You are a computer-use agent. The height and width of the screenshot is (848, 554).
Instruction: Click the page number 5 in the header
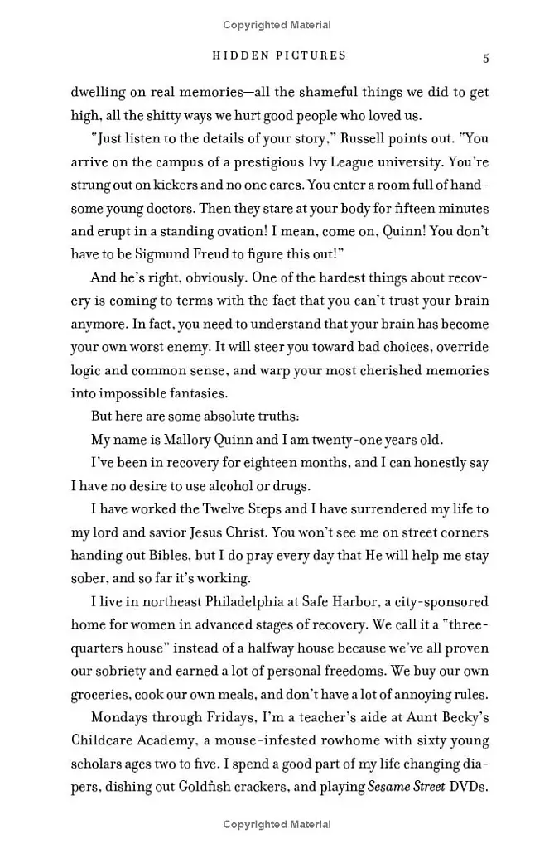486,58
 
